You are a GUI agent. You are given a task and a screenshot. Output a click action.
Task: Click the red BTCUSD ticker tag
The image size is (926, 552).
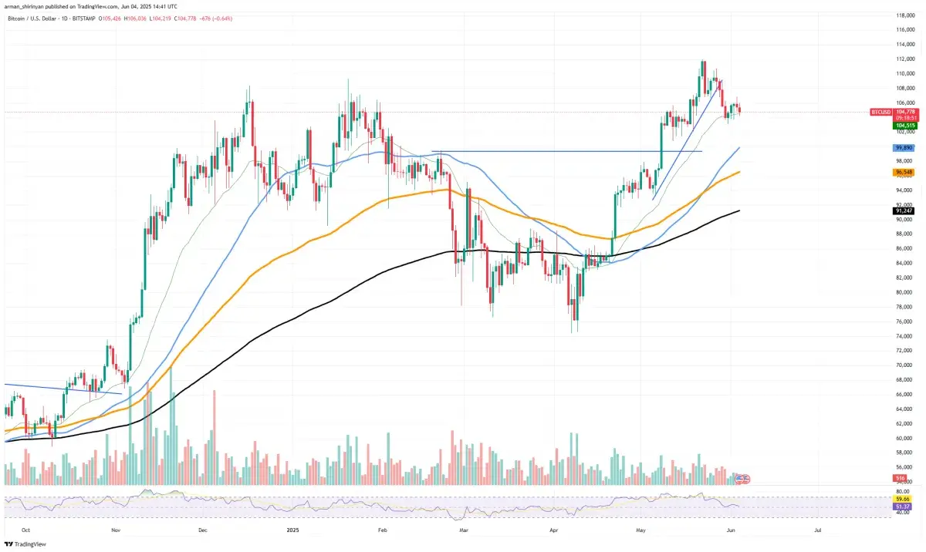880,112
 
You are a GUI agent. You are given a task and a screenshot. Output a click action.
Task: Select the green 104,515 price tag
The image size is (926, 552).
904,125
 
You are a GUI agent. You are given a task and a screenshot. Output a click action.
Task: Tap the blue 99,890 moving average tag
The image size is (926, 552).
904,147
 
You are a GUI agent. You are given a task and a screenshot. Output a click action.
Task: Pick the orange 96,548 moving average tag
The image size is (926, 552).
904,172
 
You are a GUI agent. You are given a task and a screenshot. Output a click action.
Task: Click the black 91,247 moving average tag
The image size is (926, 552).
904,210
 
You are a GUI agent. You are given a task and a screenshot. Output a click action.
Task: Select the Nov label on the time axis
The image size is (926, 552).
115,530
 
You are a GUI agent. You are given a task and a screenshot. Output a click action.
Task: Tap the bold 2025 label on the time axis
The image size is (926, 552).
292,530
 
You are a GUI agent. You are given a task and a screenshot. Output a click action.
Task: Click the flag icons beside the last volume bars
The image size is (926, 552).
742,480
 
